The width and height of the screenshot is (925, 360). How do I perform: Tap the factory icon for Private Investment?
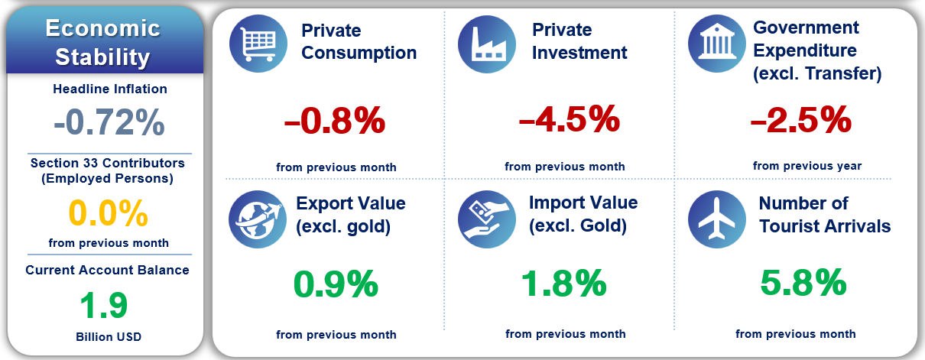click(x=486, y=44)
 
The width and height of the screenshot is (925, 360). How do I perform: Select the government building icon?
click(x=717, y=44)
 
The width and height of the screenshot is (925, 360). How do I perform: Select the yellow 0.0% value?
click(x=109, y=214)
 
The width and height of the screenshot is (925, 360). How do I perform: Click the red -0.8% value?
click(x=334, y=122)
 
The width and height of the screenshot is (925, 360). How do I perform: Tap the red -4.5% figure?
click(x=568, y=120)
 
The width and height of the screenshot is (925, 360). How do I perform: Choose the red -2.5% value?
click(x=801, y=120)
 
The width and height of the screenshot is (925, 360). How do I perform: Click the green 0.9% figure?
click(x=336, y=284)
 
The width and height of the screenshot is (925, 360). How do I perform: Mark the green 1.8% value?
click(x=563, y=284)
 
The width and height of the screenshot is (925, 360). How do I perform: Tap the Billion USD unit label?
click(x=109, y=336)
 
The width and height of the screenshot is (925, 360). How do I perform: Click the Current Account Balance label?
click(x=107, y=270)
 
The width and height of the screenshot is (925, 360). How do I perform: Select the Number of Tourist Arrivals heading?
click(x=824, y=215)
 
